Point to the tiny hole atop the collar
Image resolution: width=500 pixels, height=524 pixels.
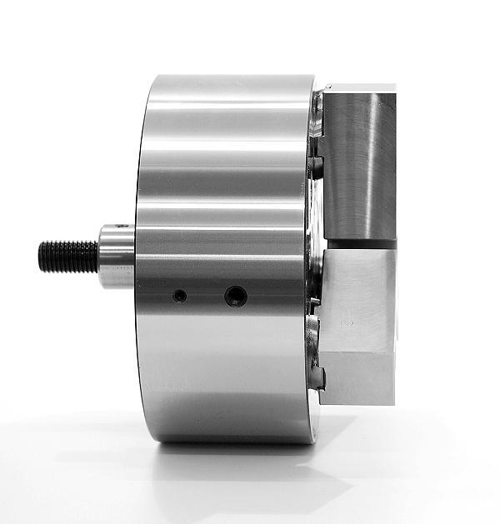click(122, 226)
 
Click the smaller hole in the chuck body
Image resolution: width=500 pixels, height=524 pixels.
click(178, 296)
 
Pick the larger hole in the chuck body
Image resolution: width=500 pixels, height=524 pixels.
click(235, 295)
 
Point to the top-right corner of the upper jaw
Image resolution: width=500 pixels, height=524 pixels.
click(396, 87)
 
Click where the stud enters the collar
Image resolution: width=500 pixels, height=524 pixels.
click(98, 257)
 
